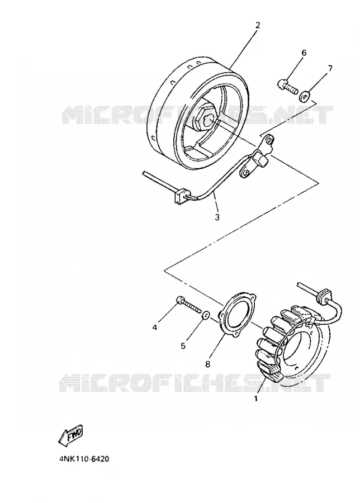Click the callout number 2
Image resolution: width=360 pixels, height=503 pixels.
[x=257, y=25]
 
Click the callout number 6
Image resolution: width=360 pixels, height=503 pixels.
[x=304, y=53]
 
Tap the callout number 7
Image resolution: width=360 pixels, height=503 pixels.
[x=330, y=68]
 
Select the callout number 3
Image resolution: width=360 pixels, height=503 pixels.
[x=217, y=217]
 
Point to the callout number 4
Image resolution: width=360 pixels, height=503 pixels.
[x=155, y=328]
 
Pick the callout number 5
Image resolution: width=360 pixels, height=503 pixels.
[x=183, y=345]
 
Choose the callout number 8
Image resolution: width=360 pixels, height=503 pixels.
[x=207, y=364]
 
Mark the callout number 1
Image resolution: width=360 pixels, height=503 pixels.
[x=255, y=399]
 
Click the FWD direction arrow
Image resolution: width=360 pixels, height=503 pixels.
[x=70, y=436]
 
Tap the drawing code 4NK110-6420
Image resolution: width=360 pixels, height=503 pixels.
[x=84, y=459]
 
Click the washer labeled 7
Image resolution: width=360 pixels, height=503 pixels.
[x=304, y=96]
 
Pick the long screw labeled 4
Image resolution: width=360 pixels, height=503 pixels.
[x=190, y=305]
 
